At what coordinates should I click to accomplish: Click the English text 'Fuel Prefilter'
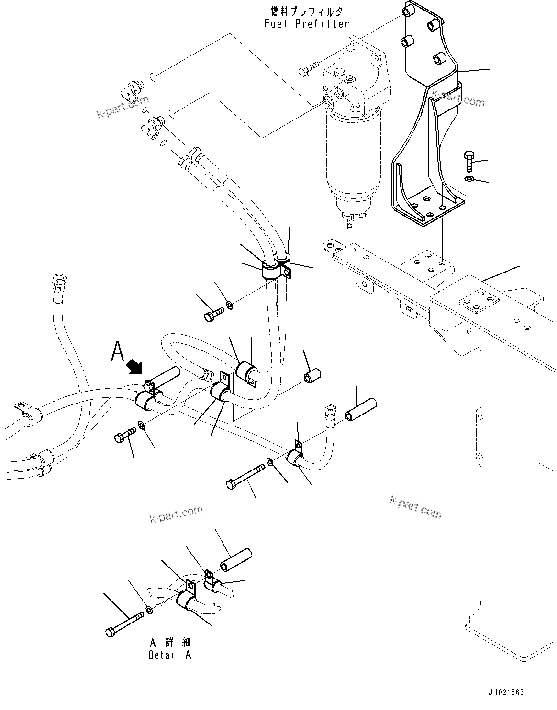point(307,23)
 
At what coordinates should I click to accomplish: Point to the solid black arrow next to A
point(135,367)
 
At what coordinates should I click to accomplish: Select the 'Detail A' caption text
point(169,655)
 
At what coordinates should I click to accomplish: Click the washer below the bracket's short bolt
point(468,179)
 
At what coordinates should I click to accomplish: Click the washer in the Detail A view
point(150,610)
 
